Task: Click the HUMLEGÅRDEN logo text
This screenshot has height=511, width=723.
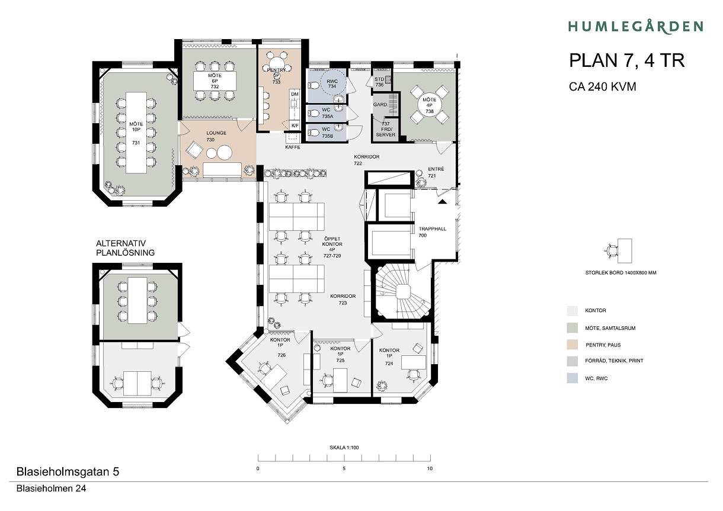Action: pos(635,27)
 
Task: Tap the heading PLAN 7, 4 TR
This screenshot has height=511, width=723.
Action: pos(627,60)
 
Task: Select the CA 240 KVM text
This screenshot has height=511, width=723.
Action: pos(602,86)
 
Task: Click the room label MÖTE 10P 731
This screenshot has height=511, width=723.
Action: pos(136,133)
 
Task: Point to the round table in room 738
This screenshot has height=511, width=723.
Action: pos(429,105)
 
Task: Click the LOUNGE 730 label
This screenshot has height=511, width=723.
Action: pos(216,136)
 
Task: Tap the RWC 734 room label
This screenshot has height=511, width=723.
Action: pos(332,83)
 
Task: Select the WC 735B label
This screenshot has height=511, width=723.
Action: pos(327,133)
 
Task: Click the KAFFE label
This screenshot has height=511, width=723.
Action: pos(293,147)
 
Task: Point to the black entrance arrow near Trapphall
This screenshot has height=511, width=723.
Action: pos(443,201)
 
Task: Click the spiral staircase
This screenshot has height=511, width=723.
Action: pos(402,291)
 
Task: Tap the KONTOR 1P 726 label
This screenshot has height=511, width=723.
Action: pos(280,347)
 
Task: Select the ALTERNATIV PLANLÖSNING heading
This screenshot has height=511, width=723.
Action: pos(125,248)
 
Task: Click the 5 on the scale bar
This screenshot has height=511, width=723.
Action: pos(344,468)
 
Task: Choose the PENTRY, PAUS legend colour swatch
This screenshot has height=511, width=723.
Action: pos(572,345)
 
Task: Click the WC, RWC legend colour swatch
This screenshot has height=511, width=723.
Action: pos(572,378)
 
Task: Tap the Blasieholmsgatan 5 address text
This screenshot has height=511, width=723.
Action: pos(68,472)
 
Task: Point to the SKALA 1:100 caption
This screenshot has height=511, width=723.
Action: pos(344,448)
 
